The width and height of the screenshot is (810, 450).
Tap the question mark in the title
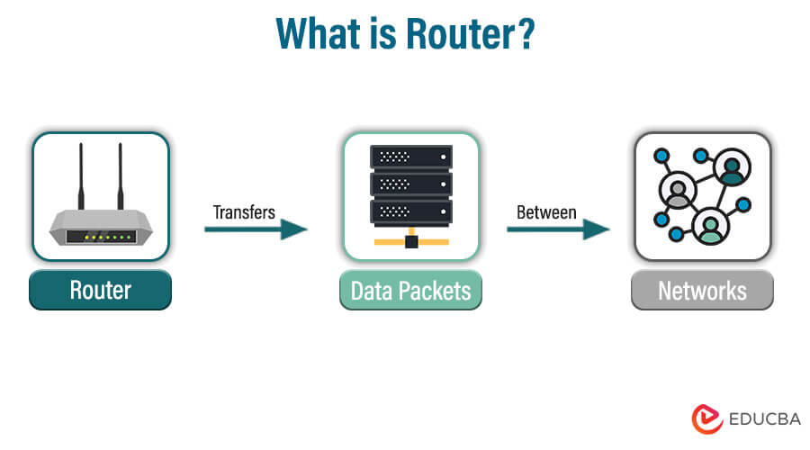click(526, 33)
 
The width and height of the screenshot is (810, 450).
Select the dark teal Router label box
click(100, 291)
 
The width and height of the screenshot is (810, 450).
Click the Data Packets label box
click(410, 291)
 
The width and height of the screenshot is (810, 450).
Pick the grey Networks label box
click(702, 291)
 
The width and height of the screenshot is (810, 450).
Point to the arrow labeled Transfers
click(256, 229)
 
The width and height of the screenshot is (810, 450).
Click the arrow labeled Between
click(558, 229)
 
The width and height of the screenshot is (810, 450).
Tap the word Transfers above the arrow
click(244, 212)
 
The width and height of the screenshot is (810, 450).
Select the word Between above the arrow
click(546, 212)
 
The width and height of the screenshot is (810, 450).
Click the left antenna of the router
click(79, 175)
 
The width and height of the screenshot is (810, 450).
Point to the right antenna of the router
click(120, 175)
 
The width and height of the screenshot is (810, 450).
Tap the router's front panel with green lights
click(100, 237)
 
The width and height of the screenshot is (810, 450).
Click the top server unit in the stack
click(411, 157)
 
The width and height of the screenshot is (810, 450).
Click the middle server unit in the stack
click(411, 184)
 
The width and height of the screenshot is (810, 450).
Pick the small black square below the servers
click(411, 241)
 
